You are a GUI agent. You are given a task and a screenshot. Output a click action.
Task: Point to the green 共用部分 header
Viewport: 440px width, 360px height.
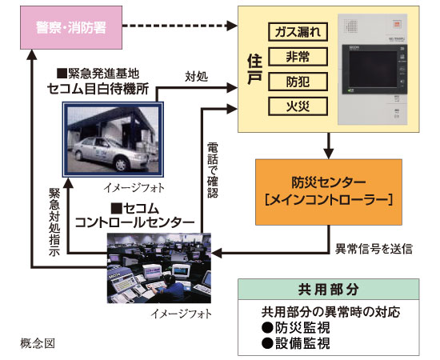(x=330, y=288)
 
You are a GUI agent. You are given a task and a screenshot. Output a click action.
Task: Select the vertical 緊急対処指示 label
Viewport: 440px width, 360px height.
(x=52, y=222)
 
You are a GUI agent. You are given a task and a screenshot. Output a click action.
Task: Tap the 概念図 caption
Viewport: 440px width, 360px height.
(x=38, y=343)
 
